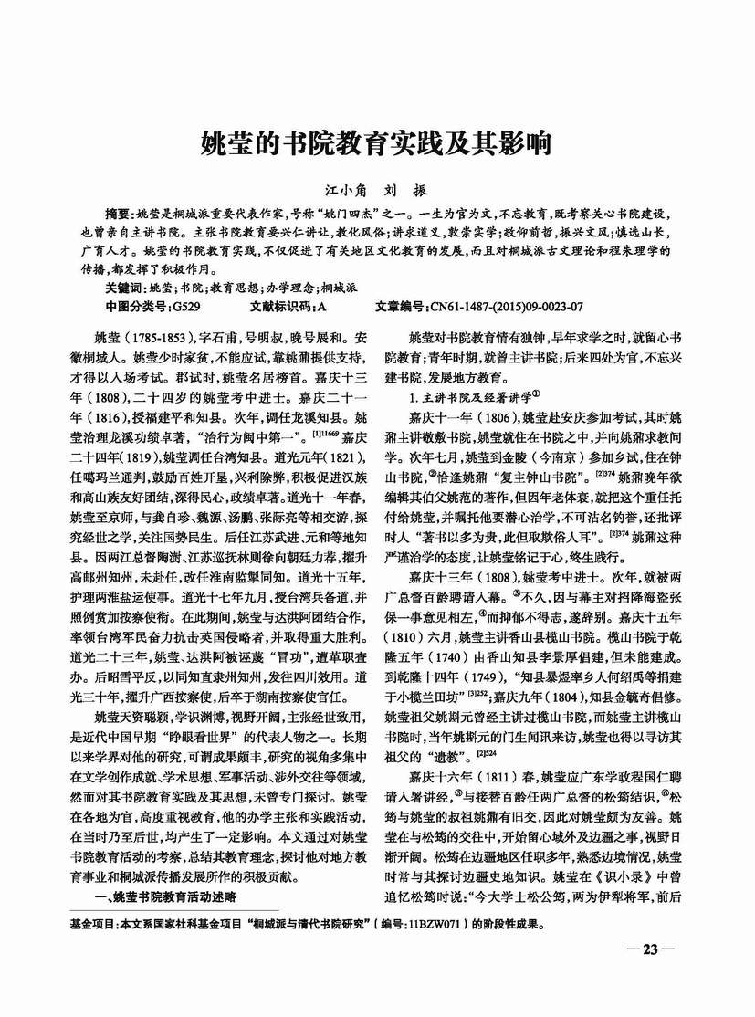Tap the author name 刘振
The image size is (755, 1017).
coord(408,192)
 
